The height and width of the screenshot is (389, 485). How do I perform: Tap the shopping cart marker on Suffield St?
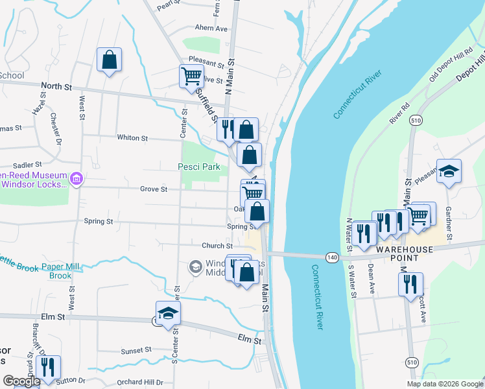[x=191, y=76]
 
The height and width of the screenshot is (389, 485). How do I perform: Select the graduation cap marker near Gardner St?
[x=449, y=172]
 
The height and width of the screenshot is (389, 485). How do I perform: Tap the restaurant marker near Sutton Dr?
[x=48, y=368]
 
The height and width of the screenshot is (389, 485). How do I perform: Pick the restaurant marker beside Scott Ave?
[x=410, y=285]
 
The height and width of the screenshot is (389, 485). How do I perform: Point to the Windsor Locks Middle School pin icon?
[x=195, y=266]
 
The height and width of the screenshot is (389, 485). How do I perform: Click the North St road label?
[x=54, y=86]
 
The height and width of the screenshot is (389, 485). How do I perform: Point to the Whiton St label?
[x=133, y=138]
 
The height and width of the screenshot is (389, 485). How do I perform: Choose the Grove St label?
[x=154, y=189]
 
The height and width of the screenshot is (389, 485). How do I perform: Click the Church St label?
[x=217, y=246]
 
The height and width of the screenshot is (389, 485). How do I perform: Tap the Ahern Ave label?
[x=211, y=29]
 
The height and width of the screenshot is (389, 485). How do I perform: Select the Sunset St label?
[x=136, y=351]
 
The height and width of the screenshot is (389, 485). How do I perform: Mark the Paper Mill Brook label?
[x=61, y=271]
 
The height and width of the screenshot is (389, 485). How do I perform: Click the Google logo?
[x=21, y=381]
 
